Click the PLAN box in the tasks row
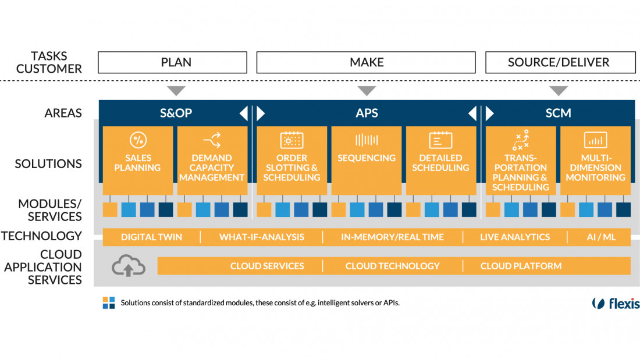click(x=176, y=62)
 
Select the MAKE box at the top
click(x=367, y=62)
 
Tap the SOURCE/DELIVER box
click(x=559, y=62)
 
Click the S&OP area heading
click(x=176, y=113)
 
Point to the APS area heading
click(x=367, y=113)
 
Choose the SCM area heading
click(x=559, y=113)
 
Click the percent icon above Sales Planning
click(x=138, y=140)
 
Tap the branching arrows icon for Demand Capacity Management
click(x=212, y=140)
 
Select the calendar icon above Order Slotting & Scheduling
click(x=292, y=140)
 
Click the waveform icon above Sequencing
click(x=367, y=140)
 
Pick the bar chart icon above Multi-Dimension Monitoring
click(x=595, y=140)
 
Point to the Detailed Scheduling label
click(x=440, y=163)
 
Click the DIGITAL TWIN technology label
click(x=151, y=237)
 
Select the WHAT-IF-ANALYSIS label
click(x=262, y=237)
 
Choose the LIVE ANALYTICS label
click(x=515, y=237)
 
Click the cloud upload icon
click(x=129, y=266)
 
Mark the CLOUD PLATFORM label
click(x=521, y=266)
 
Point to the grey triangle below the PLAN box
click(x=176, y=91)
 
